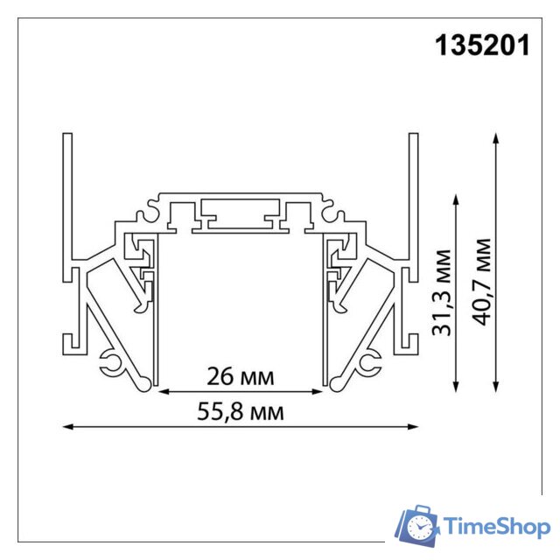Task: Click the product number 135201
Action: click(x=482, y=45)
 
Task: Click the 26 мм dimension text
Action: click(x=240, y=377)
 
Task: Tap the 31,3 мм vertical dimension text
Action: click(x=444, y=293)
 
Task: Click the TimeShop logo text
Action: click(x=496, y=527)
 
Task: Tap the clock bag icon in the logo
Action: click(x=419, y=525)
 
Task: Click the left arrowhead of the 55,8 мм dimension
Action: click(x=68, y=427)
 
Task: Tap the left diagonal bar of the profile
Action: click(x=114, y=324)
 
